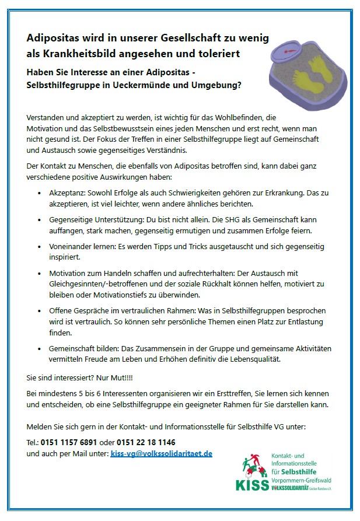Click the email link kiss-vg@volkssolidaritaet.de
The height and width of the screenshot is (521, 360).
coord(162,453)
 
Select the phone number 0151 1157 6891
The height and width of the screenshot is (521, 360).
coord(65,442)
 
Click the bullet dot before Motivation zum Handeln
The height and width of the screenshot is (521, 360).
coord(39,274)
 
